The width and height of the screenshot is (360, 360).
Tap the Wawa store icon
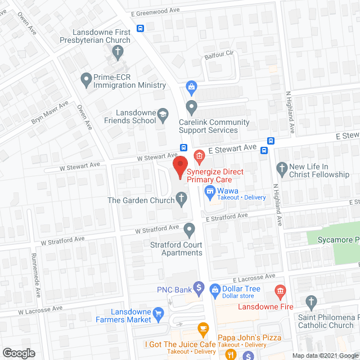tap(210, 191)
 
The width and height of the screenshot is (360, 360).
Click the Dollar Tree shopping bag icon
tap(214, 289)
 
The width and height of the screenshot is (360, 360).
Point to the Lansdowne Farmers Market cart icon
tap(159, 313)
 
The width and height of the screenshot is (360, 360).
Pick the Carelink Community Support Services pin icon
tap(192, 106)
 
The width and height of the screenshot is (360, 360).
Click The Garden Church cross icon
tap(181, 198)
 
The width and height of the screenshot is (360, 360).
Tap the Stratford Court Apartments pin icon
tap(190, 228)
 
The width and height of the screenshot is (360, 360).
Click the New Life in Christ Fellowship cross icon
tap(282, 168)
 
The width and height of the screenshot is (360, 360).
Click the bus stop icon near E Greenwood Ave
tap(139, 28)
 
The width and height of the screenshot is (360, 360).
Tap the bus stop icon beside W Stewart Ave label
tap(184, 148)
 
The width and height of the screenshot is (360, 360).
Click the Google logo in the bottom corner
tap(19, 353)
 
